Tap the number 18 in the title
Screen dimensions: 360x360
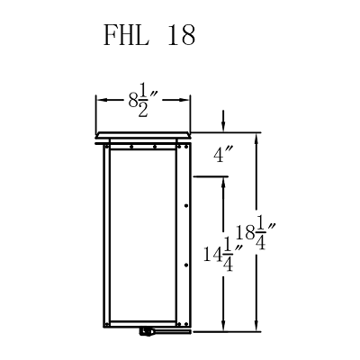tap(181, 37)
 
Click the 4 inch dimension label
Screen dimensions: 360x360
tap(224, 156)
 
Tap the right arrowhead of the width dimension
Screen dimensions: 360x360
tap(187, 101)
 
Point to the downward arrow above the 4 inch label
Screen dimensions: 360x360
tap(224, 126)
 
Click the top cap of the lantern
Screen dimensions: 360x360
tap(143, 136)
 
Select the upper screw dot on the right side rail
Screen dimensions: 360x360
tap(185, 206)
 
